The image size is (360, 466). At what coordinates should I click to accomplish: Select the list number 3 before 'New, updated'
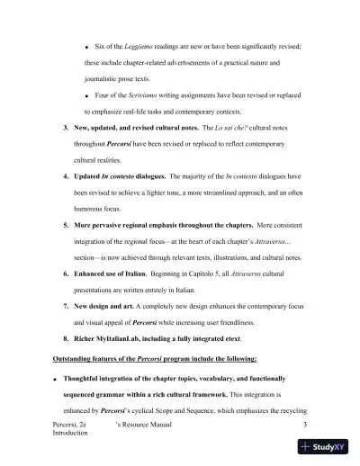(x=66, y=129)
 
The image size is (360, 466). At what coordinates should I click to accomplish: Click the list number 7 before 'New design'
(x=66, y=304)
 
